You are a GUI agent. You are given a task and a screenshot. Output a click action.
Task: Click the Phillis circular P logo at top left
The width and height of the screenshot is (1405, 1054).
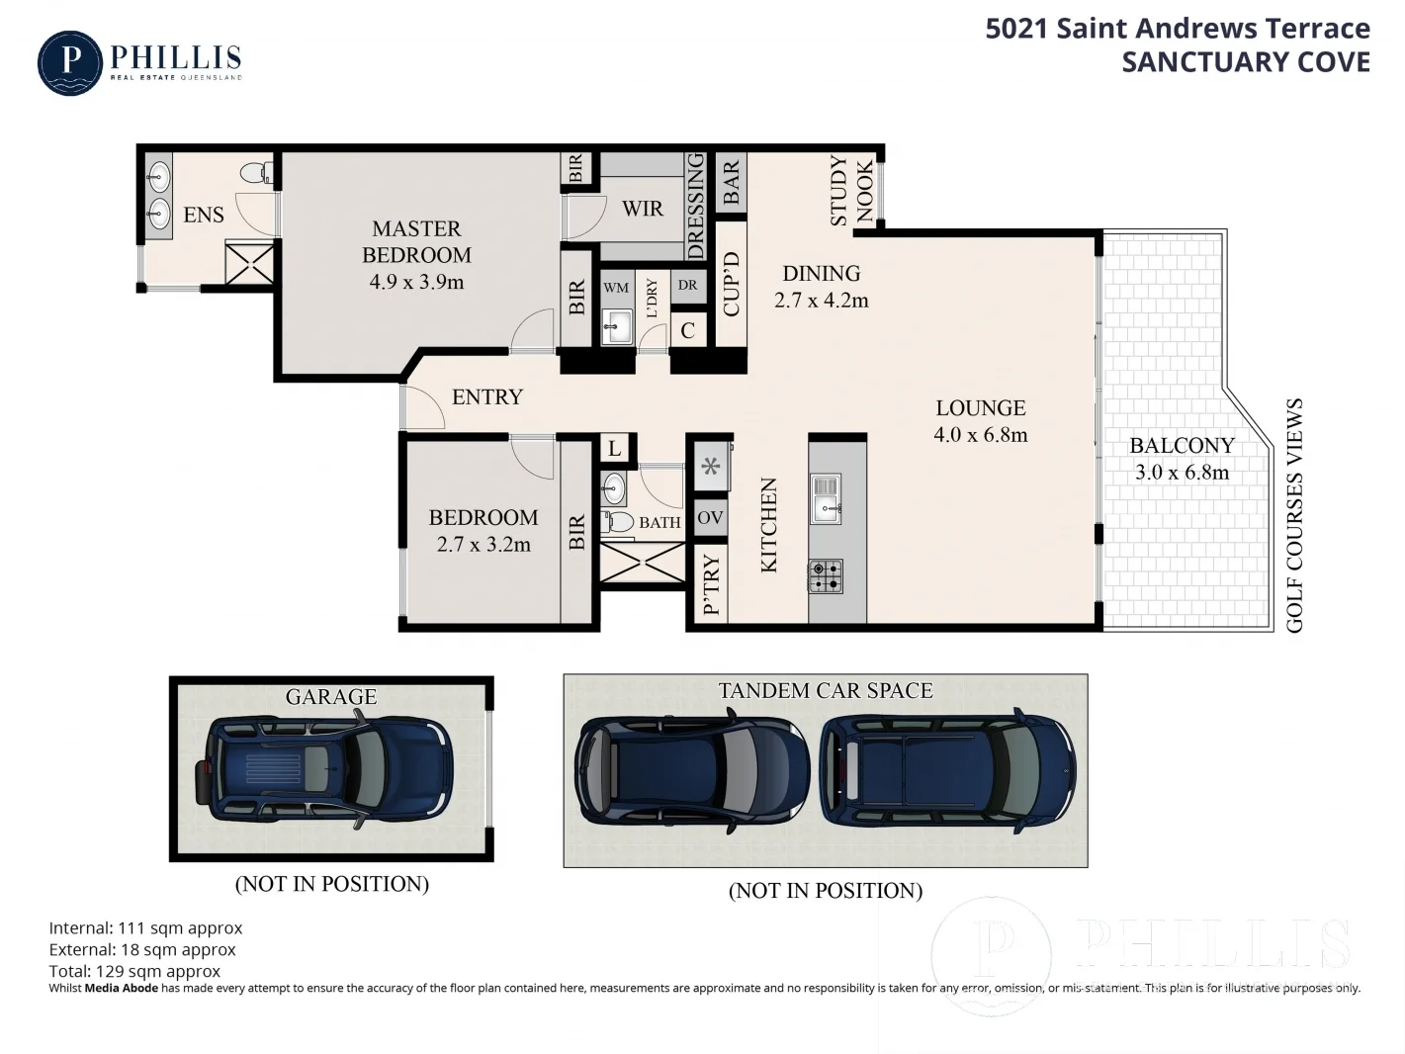(69, 63)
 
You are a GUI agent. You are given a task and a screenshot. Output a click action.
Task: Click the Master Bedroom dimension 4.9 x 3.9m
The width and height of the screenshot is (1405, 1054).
(416, 282)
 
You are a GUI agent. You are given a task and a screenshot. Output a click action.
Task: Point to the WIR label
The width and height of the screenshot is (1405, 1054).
(642, 209)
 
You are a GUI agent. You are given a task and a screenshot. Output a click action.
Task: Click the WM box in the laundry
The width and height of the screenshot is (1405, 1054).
(616, 288)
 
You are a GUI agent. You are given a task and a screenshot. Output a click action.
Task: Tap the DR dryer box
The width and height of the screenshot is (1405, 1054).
(687, 286)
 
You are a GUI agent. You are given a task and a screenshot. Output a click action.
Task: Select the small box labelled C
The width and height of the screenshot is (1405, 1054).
(687, 331)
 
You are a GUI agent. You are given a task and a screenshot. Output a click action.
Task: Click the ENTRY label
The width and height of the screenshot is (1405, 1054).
(486, 396)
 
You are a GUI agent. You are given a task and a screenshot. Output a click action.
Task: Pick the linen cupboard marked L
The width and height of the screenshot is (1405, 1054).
(614, 449)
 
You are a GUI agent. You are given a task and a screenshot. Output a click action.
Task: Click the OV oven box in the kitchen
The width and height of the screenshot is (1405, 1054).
(710, 517)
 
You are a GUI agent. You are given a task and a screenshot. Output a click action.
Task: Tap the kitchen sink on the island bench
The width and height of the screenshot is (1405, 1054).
(825, 498)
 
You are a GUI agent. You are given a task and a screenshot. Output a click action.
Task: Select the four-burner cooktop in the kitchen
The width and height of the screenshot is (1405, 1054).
(826, 575)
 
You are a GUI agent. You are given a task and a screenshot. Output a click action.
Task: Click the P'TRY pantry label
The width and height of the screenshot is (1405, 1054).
(711, 586)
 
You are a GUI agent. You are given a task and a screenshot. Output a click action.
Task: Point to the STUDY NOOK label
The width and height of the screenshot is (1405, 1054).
(851, 191)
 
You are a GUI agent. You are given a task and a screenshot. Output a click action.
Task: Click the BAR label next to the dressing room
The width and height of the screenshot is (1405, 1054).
(731, 183)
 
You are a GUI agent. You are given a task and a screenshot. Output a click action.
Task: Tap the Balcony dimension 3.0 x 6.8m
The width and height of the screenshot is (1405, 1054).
(1182, 473)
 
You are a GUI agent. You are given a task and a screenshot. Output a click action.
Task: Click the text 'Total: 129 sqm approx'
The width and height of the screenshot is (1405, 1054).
(134, 971)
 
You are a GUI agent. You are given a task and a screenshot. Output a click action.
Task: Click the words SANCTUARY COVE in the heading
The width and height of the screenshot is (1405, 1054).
(1245, 61)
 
